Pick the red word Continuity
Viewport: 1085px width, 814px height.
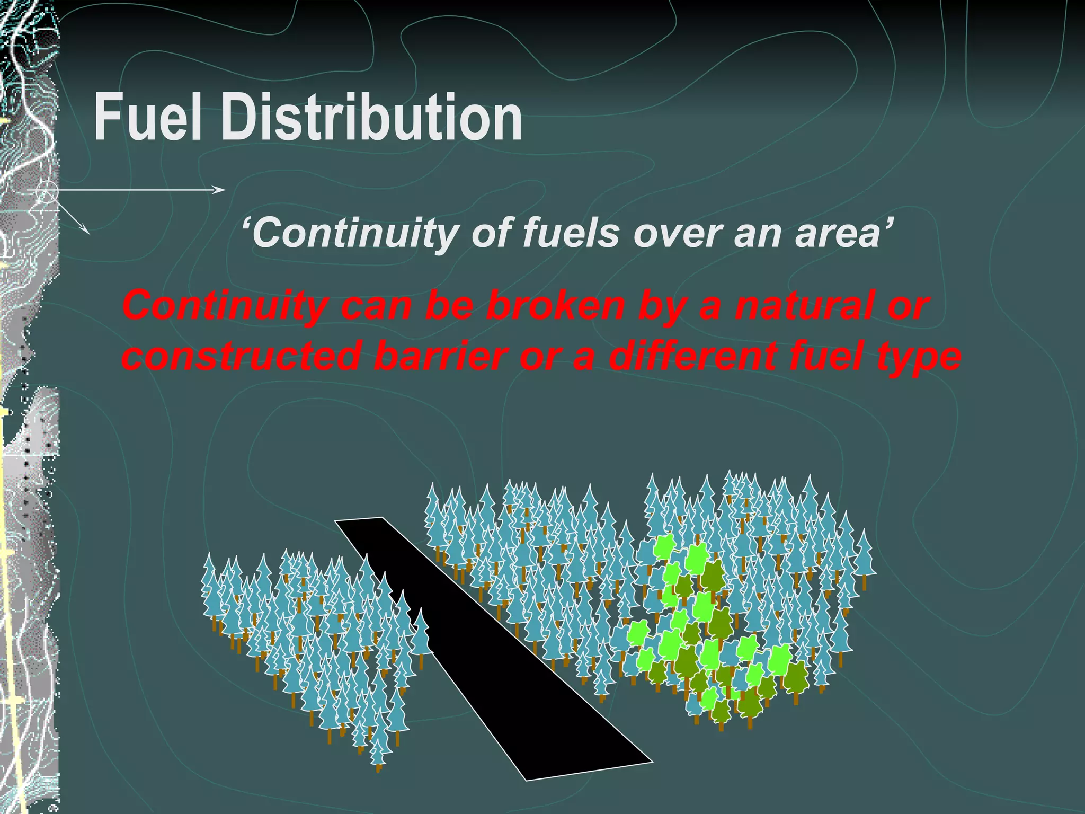[x=223, y=306]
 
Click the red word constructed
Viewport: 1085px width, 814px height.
[x=242, y=356]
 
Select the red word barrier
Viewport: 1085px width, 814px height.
[x=440, y=356]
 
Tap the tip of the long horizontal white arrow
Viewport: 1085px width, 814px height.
[x=225, y=190]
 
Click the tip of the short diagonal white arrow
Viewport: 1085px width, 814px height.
[x=88, y=233]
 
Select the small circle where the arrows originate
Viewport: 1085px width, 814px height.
[x=47, y=191]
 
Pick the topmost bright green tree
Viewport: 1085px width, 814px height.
[x=664, y=546]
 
